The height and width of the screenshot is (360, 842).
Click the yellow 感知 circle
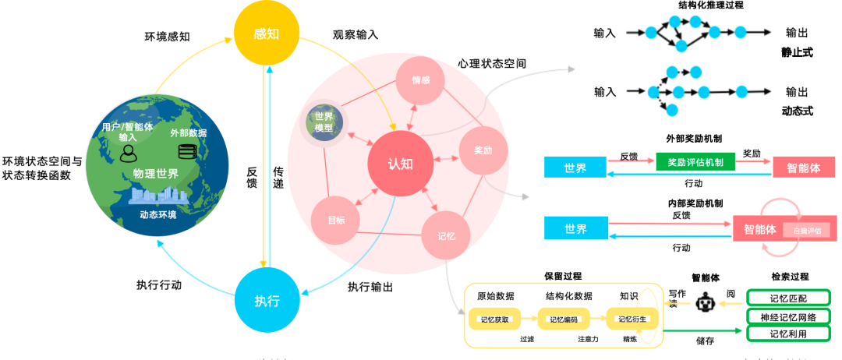coord(267,35)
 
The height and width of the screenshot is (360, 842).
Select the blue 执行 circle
coord(267,300)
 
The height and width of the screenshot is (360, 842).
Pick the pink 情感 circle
coord(420,81)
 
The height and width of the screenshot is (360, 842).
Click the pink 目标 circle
coord(336,221)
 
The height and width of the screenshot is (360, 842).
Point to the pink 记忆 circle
coord(446,234)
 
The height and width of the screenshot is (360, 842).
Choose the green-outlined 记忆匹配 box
coord(788,298)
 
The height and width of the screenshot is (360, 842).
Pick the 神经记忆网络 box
coord(788,316)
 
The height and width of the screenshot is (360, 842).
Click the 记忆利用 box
coord(788,334)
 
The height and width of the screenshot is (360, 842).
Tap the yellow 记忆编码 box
coord(563,319)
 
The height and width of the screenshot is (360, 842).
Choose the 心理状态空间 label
coord(491,62)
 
